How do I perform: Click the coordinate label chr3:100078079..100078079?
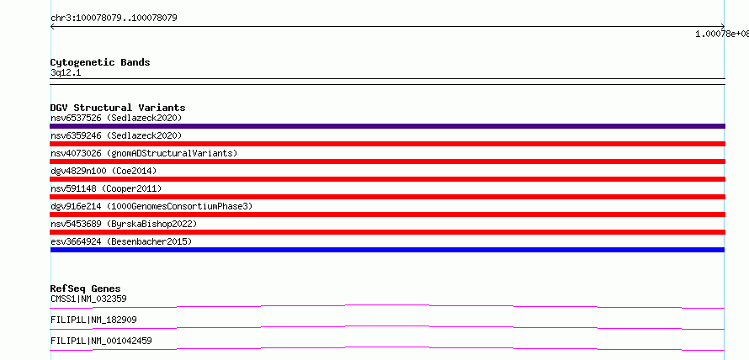coord(114,19)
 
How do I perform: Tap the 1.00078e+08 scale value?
coord(722,34)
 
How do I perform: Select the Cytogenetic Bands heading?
coord(100,62)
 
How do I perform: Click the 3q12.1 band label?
coord(66,72)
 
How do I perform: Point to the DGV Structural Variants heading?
coord(118,108)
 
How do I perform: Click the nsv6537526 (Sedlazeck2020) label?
coord(116,118)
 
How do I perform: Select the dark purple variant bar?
coord(387,126)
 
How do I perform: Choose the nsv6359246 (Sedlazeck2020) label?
coord(116,135)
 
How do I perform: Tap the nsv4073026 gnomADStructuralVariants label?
coord(144,153)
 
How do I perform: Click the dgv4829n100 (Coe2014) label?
coord(104,171)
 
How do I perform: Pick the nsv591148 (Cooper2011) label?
coord(106,188)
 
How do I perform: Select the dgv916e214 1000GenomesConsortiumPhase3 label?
coord(151,206)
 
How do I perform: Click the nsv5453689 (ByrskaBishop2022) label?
coord(124,224)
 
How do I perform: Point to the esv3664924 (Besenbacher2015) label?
coord(121,241)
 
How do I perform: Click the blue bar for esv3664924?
coord(387,250)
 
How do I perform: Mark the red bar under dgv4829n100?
coord(387,179)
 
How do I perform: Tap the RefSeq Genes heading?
coord(86,289)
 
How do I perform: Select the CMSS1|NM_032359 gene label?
coord(88,299)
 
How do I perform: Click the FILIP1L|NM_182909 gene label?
coord(93,320)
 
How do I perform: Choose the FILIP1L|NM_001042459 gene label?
coord(101,341)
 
